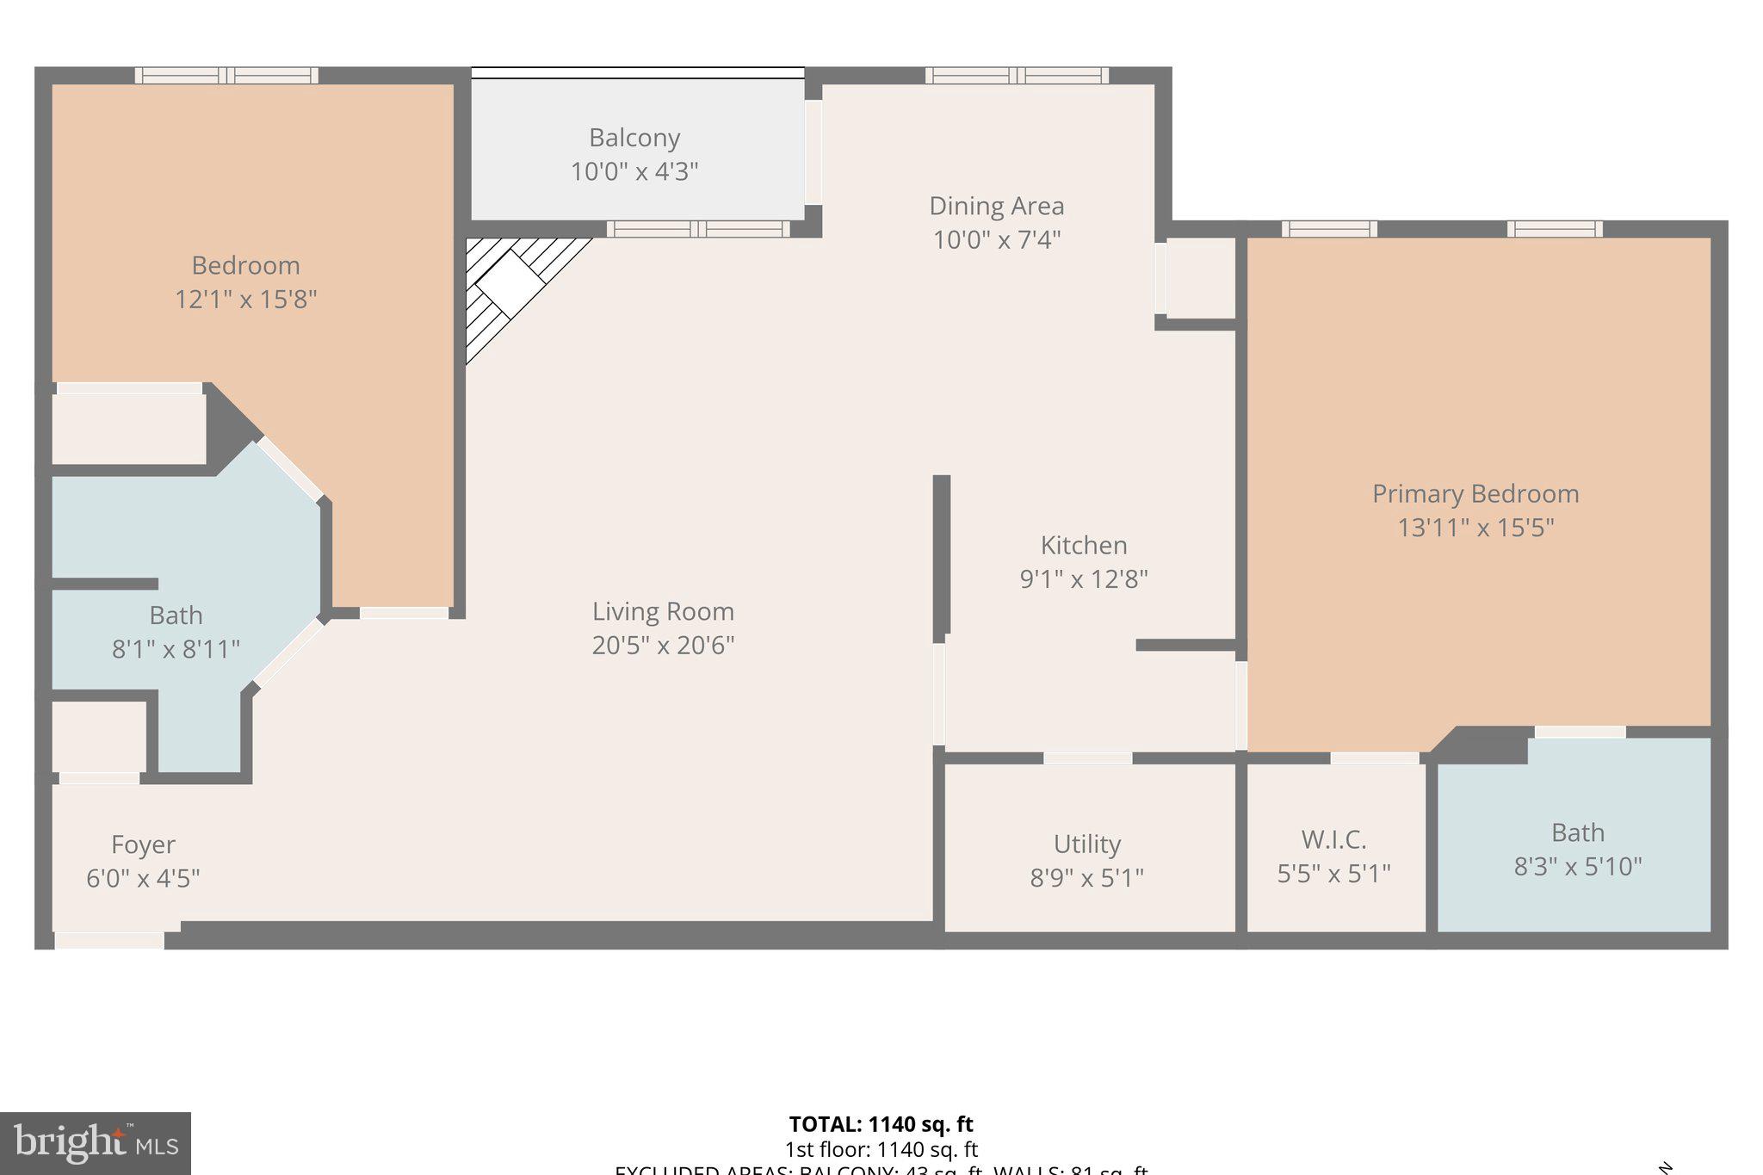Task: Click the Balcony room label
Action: coord(634,138)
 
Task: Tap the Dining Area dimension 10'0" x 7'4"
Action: coord(996,239)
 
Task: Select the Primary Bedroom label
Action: coord(1475,493)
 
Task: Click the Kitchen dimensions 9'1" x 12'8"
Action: coord(1083,578)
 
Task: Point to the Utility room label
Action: coord(1086,844)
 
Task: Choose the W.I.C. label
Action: coord(1333,839)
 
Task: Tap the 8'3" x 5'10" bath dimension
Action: coord(1577,866)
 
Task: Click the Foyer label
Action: coord(143,844)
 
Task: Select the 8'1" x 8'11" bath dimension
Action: coord(176,649)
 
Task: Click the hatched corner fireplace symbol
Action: coord(510,284)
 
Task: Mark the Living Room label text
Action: coord(663,612)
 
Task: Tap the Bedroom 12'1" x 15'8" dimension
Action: coord(245,300)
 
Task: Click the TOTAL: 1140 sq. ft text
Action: coord(881,1124)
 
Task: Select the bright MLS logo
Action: coord(96,1143)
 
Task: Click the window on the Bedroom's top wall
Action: coord(226,76)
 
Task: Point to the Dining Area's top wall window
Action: coord(1017,76)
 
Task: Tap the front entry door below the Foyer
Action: coord(109,940)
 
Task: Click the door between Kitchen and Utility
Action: coord(1087,758)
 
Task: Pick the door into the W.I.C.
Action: coord(1374,758)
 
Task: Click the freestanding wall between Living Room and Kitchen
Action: coord(942,555)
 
